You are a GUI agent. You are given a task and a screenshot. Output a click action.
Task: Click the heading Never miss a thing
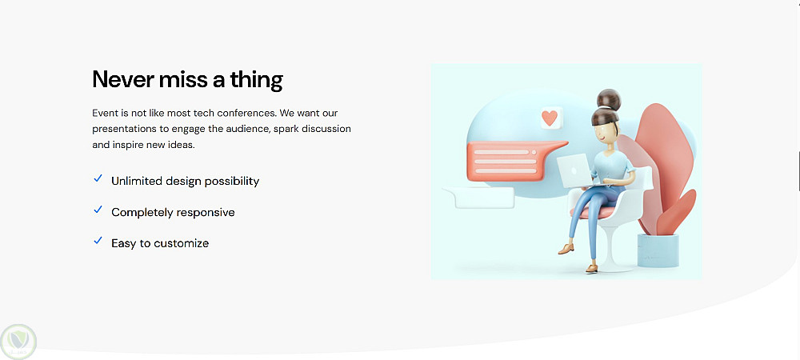pos(187,80)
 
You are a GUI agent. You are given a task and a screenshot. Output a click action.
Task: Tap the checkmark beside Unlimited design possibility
pos(98,178)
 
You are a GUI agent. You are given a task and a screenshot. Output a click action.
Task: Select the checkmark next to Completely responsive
pos(98,210)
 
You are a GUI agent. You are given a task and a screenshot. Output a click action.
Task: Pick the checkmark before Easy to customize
pos(98,241)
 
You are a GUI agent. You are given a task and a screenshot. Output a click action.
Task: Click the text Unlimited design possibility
pos(186,181)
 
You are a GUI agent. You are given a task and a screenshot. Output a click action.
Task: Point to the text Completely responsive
pos(173,212)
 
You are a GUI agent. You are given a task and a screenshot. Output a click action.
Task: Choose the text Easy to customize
pos(160,243)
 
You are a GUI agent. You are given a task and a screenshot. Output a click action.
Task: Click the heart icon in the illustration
pos(550,118)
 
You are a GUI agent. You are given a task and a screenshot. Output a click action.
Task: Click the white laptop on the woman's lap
pos(575,171)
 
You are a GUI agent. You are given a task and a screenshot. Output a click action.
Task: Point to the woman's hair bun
pos(609,98)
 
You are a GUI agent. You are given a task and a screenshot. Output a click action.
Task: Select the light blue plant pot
pos(658,250)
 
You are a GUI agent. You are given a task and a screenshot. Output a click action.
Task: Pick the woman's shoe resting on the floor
pos(591,268)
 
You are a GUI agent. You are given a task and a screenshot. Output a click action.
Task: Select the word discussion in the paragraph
pos(326,129)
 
